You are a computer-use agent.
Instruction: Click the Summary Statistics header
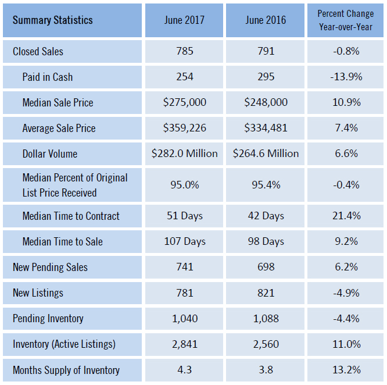[x=52, y=20]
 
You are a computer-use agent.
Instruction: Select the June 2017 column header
[x=184, y=20]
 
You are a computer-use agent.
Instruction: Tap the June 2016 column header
[x=266, y=20]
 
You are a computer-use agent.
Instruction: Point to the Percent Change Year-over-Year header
[x=346, y=20]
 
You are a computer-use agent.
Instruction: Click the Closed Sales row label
[x=38, y=52]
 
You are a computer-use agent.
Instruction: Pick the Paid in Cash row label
[x=47, y=77]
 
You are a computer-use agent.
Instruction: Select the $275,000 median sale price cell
[x=184, y=103]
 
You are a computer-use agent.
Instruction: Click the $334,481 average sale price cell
[x=266, y=129]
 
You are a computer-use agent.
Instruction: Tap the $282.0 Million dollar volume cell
[x=184, y=154]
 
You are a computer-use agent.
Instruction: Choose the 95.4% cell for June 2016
[x=266, y=185]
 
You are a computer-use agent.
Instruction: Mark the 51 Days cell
[x=184, y=216]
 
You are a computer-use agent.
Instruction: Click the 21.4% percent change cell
[x=346, y=216]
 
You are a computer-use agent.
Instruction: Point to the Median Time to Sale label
[x=62, y=242]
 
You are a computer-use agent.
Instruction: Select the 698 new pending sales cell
[x=266, y=268]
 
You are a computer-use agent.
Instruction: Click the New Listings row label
[x=38, y=293]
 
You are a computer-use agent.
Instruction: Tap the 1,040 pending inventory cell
[x=184, y=319]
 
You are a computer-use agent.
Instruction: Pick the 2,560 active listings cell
[x=266, y=344]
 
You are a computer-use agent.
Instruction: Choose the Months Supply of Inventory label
[x=66, y=370]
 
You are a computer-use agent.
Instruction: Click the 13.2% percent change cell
[x=346, y=370]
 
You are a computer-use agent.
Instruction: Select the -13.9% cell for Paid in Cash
[x=346, y=77]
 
